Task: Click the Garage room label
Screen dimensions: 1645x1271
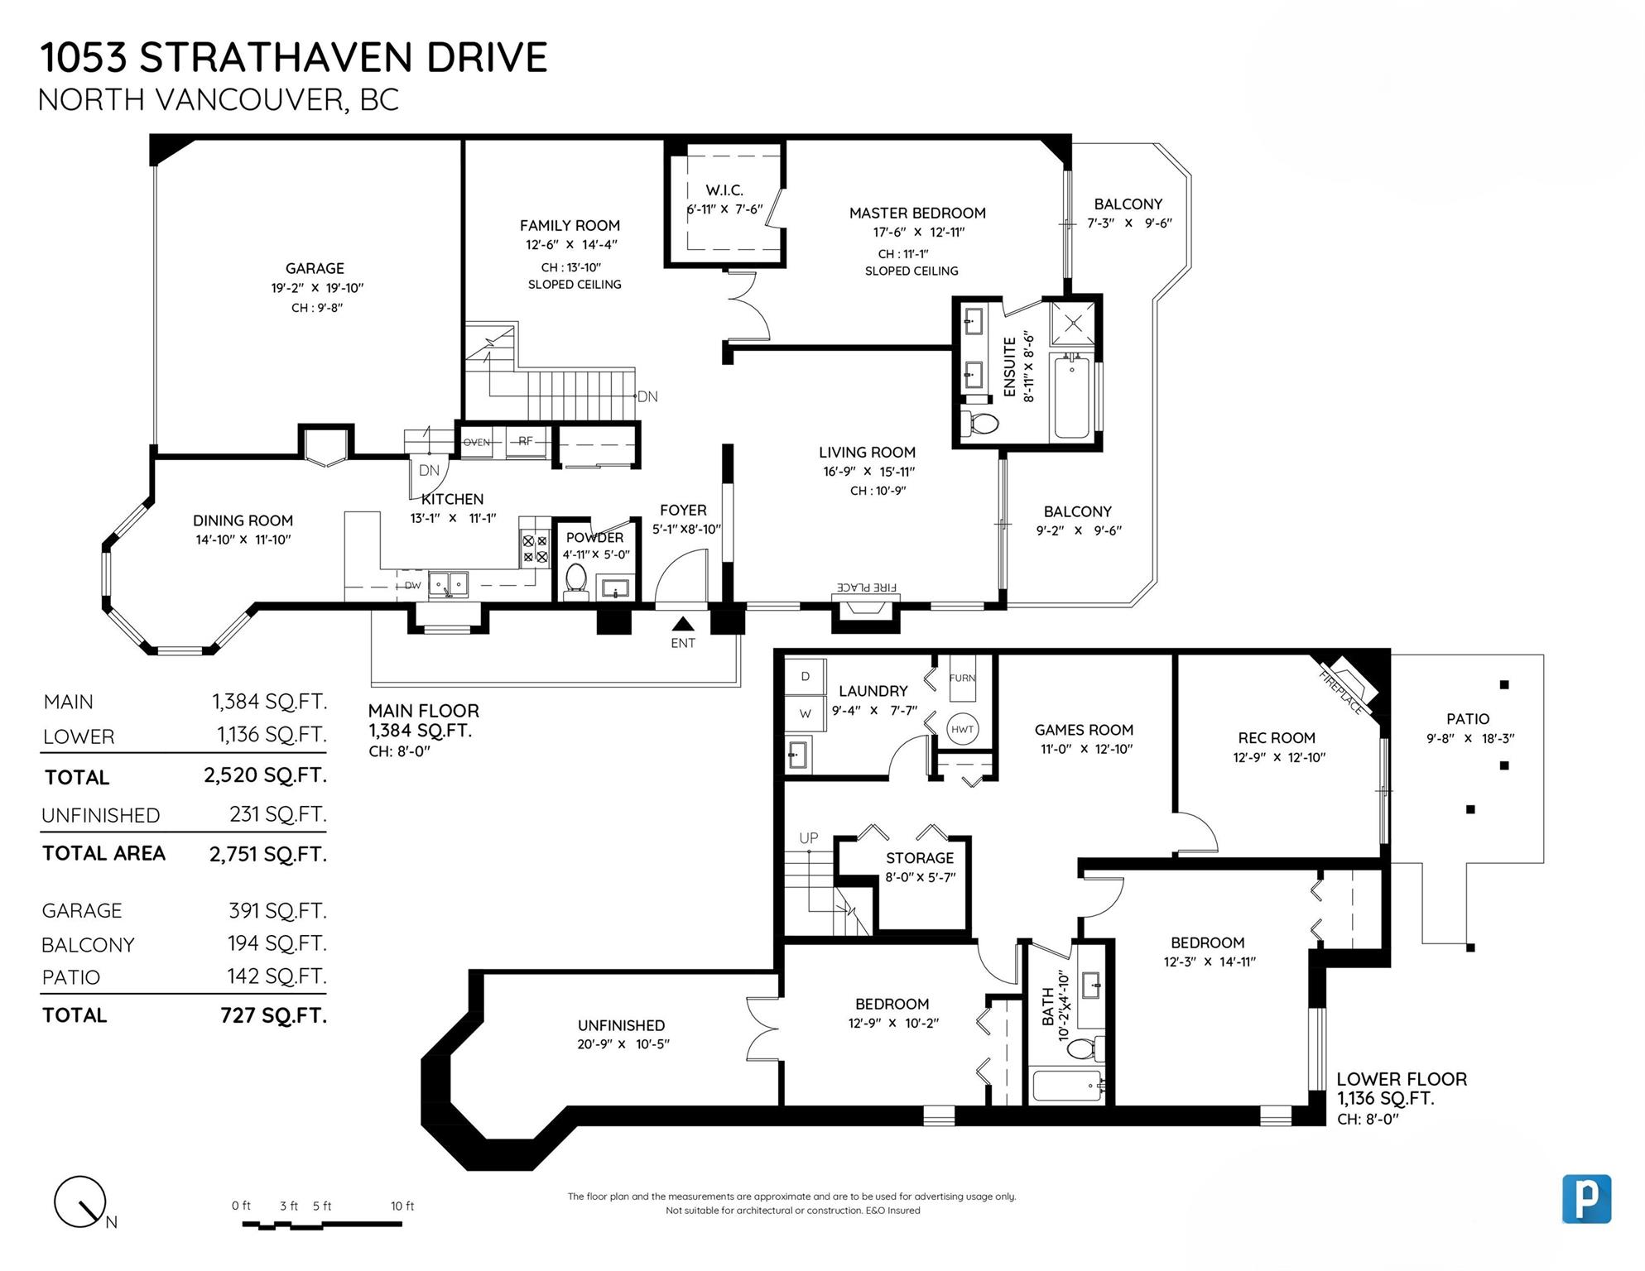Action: [x=315, y=268]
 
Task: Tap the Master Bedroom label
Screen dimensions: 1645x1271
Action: [x=917, y=213]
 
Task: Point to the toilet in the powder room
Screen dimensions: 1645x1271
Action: [x=575, y=581]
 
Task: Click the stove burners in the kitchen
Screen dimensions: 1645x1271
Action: [x=535, y=549]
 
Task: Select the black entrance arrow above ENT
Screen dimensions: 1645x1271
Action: [x=683, y=624]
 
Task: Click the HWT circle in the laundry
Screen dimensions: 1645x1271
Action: [x=962, y=729]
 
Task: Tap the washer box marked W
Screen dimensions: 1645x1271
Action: [x=805, y=713]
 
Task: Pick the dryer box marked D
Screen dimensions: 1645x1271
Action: [x=805, y=677]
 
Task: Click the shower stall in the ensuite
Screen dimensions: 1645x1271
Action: [x=1072, y=323]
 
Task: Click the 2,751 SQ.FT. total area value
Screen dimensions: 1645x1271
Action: [x=268, y=854]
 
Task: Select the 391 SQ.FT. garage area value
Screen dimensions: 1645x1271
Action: [x=278, y=910]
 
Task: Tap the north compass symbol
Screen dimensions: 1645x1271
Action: [x=81, y=1202]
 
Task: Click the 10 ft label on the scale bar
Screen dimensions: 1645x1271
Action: [x=402, y=1206]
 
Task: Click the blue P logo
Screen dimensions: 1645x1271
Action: [x=1586, y=1198]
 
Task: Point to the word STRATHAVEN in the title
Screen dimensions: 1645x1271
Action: [x=276, y=58]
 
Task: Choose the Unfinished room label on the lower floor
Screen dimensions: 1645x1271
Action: [x=621, y=1025]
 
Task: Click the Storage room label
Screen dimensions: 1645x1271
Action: [x=920, y=858]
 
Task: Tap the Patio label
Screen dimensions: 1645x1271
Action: [x=1468, y=719]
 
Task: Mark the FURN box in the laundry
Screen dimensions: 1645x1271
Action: [x=962, y=678]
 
